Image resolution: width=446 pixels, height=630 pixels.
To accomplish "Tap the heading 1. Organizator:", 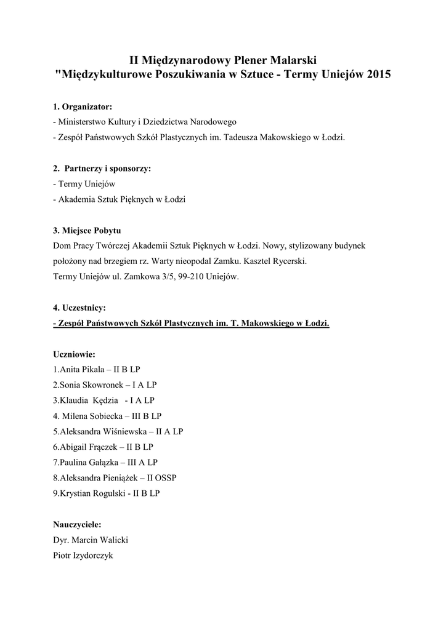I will coord(83,106).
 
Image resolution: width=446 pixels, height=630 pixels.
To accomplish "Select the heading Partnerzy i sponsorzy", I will coord(107,168).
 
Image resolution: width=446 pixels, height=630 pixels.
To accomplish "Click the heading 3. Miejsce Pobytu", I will coord(87,230).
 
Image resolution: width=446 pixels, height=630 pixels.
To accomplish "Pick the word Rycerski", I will coord(286,261).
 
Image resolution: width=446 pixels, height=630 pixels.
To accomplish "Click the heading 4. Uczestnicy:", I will coord(79,307).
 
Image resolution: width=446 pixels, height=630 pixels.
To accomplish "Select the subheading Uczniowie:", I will coord(74,354).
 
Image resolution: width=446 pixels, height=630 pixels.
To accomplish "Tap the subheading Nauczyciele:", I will coord(77,524).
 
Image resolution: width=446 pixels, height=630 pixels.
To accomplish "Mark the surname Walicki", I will coord(113,540).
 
